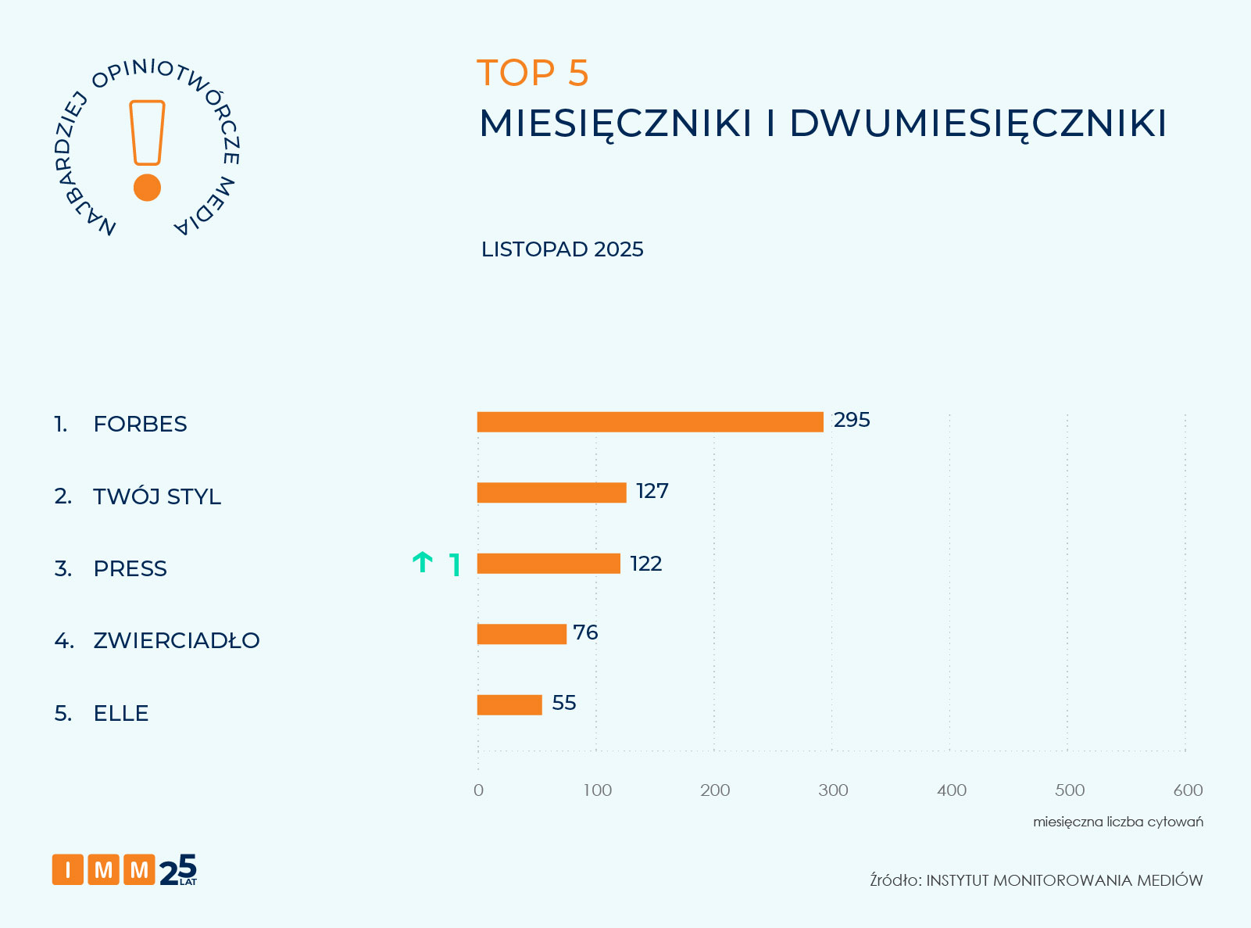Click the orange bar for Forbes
point(650,421)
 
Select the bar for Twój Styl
point(552,493)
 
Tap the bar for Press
point(549,563)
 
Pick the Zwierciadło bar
point(521,634)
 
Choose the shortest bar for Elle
point(509,704)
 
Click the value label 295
point(852,420)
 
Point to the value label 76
point(585,632)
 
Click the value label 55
point(564,703)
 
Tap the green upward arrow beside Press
point(423,562)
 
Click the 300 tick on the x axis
point(833,790)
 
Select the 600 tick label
point(1188,790)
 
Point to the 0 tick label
point(478,790)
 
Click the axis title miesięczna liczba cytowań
point(1117,822)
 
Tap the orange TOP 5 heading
point(533,73)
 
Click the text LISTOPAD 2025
point(562,249)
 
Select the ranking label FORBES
point(140,424)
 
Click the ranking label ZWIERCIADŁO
point(176,640)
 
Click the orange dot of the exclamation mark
point(147,188)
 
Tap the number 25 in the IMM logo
point(178,869)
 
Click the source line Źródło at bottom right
point(1036,880)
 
